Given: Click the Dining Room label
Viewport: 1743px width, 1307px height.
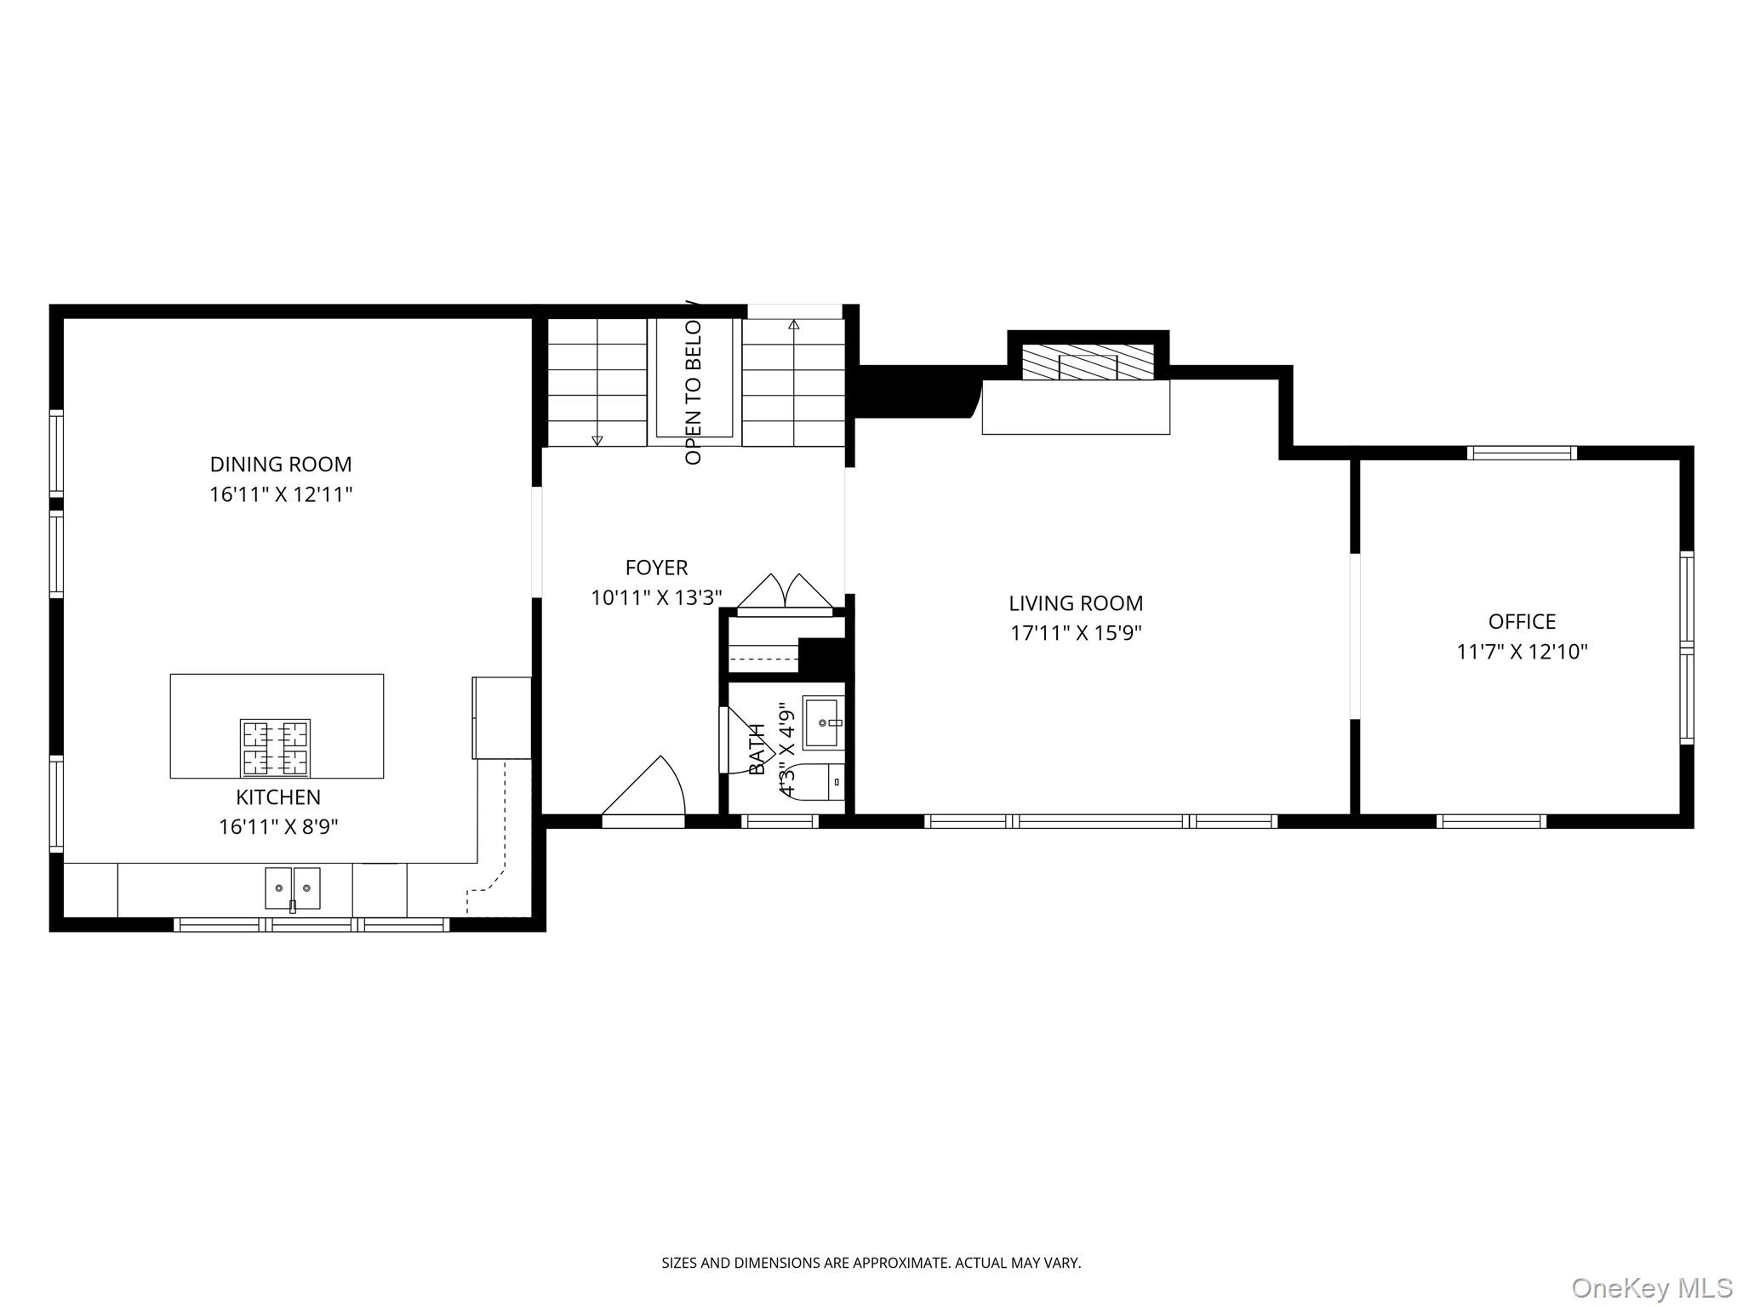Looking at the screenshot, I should tap(280, 465).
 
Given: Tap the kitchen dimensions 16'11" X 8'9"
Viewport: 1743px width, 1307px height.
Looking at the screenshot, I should tap(278, 827).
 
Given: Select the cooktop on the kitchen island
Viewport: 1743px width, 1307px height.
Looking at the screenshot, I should tap(275, 748).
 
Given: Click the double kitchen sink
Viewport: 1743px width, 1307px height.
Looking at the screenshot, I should tap(292, 888).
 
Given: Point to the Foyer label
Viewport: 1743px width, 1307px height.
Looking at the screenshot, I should tap(656, 568).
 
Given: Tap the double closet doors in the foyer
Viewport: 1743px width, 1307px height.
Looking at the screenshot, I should tap(785, 593).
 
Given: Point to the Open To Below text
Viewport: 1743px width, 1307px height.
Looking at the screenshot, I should tap(694, 393).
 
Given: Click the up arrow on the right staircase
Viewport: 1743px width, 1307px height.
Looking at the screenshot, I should tap(794, 325).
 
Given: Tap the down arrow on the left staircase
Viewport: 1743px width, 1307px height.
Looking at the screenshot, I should tap(597, 440).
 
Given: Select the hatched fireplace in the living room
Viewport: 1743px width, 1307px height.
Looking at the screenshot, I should tap(1088, 363).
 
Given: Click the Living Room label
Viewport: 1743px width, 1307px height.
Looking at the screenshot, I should tap(1076, 603).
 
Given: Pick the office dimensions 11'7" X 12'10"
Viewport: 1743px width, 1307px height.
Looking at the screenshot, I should tap(1522, 652).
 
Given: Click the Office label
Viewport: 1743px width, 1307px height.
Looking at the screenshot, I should tap(1522, 621).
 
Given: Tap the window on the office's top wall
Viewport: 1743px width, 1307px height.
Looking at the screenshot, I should tap(1522, 453).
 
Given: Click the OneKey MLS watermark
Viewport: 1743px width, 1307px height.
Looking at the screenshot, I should tap(1651, 1287).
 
